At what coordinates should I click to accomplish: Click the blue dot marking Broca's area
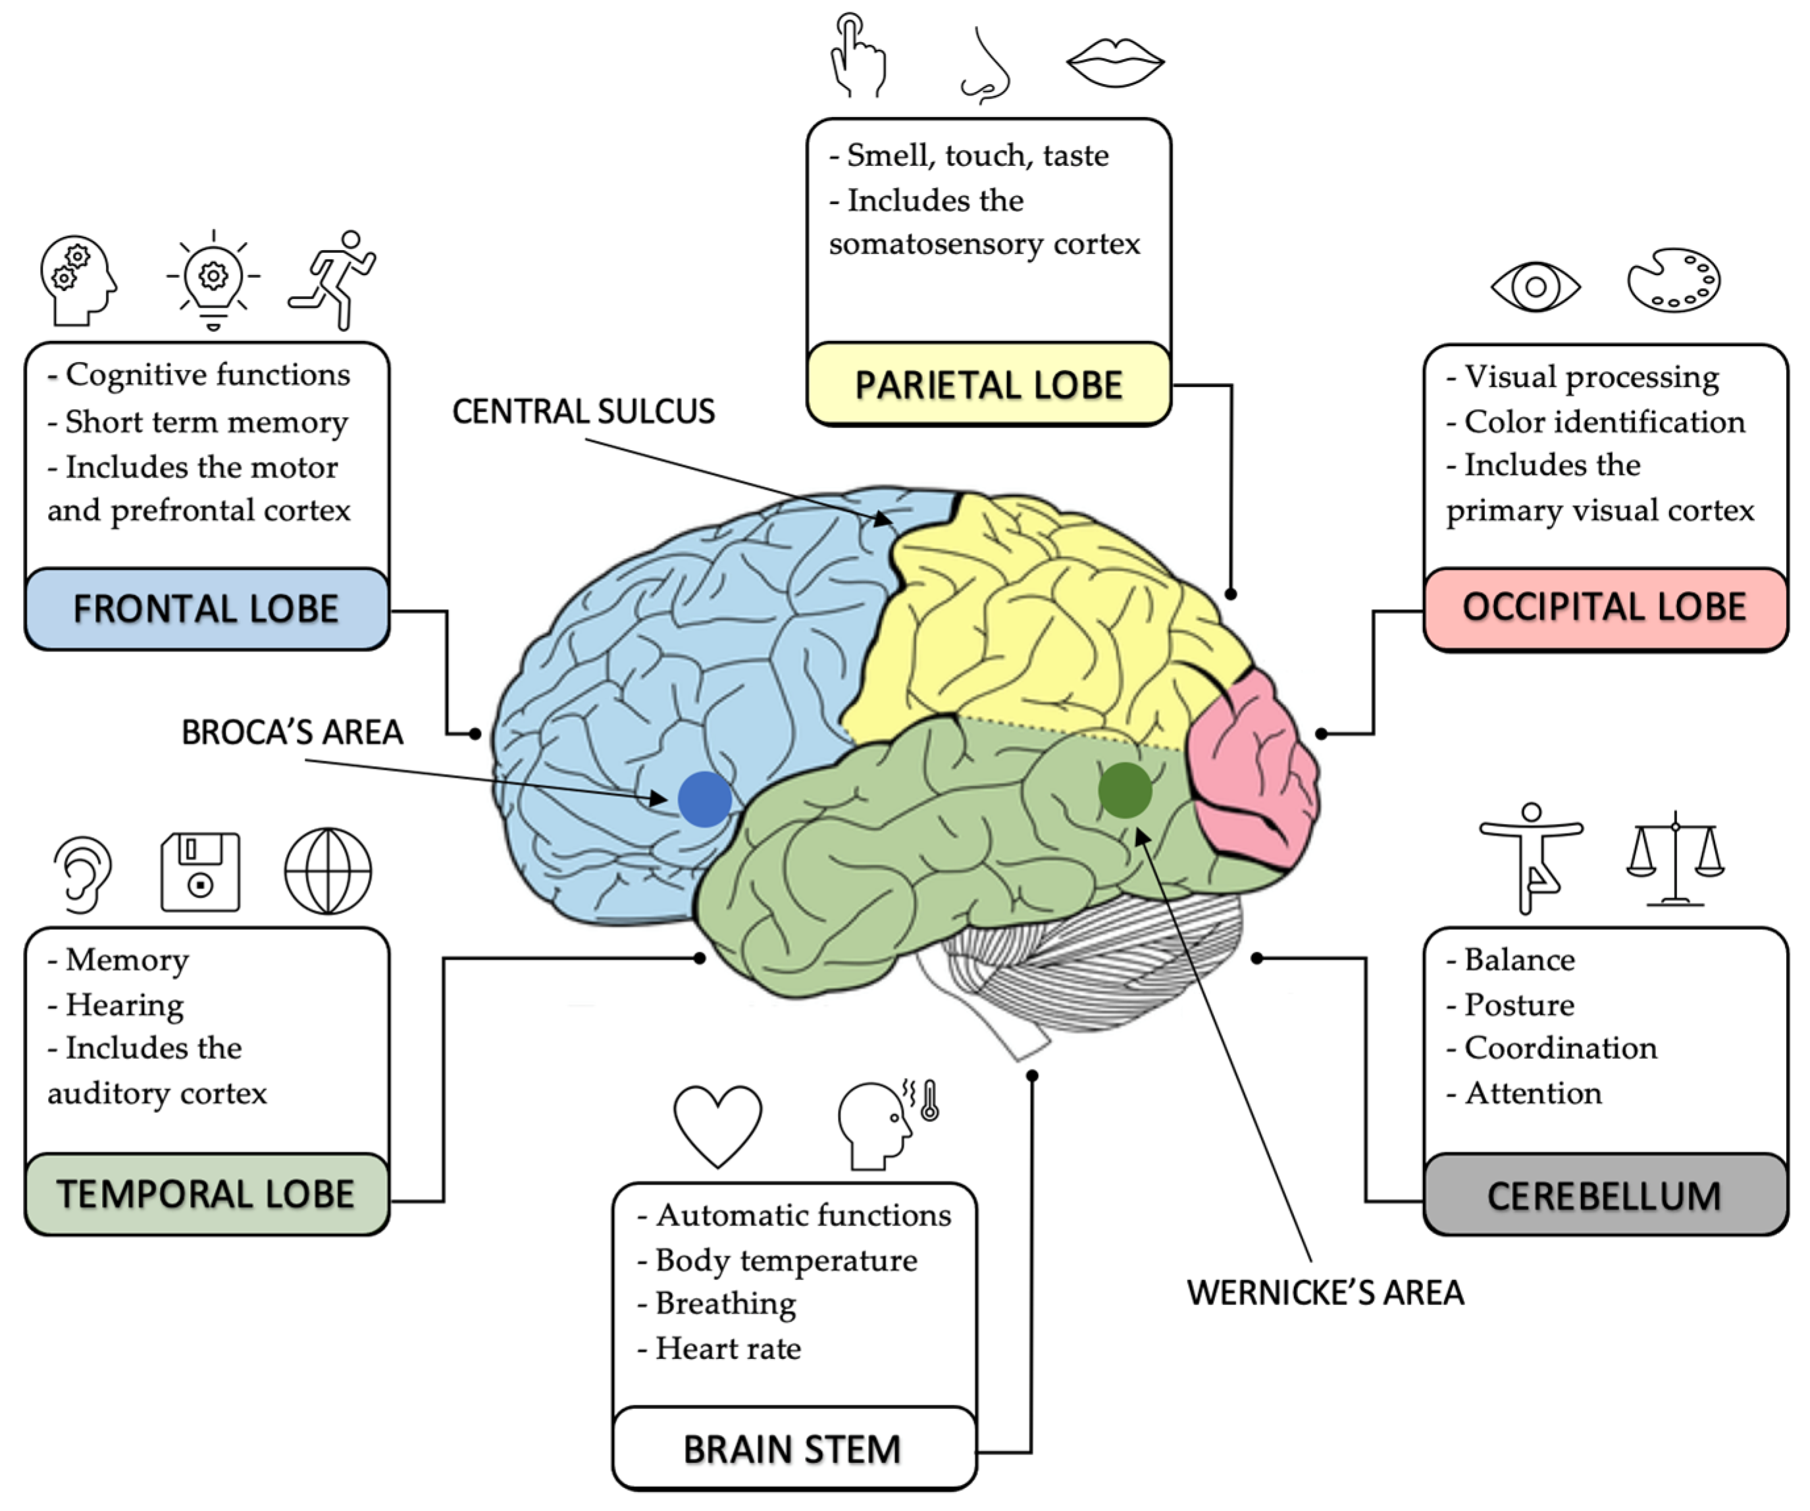point(704,799)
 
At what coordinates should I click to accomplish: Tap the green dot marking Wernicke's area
point(1125,790)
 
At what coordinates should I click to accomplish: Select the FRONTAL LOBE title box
point(206,609)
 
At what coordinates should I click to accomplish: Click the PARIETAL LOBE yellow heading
point(989,384)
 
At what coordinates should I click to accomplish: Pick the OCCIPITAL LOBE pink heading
point(1604,607)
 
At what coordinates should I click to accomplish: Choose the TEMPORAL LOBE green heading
point(206,1194)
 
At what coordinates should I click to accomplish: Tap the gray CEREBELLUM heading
point(1604,1196)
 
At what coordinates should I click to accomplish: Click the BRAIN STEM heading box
point(793,1449)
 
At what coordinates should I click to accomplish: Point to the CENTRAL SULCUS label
point(584,411)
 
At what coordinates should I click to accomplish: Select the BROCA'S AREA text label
point(292,732)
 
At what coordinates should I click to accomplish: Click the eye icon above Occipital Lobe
point(1535,286)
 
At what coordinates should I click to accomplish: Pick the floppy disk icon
point(200,871)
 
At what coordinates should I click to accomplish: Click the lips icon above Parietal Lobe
point(1116,62)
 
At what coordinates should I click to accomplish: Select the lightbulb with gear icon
point(213,279)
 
